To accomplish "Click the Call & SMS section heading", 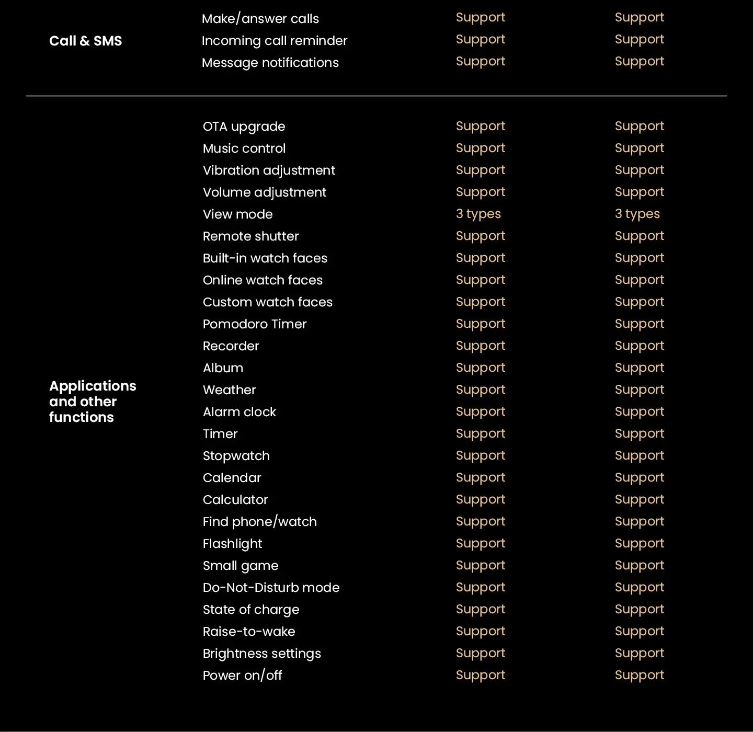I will tap(85, 41).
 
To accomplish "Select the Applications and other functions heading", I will tap(93, 401).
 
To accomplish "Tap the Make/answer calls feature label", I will tap(260, 19).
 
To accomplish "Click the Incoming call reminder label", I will tap(274, 41).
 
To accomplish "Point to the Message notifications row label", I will tap(270, 63).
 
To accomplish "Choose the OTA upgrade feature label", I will tap(244, 127).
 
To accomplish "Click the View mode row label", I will tap(237, 214).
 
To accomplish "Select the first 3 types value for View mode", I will tap(478, 214).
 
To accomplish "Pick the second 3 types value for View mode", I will tap(637, 214).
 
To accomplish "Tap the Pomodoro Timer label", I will tap(254, 324).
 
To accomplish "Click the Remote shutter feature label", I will tap(250, 236).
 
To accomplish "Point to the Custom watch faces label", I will tap(267, 302).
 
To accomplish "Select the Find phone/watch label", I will tap(259, 522).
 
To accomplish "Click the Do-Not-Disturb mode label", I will tap(271, 588).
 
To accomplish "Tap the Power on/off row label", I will tap(242, 676).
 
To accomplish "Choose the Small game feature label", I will tap(240, 566).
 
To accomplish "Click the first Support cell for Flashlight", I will tap(480, 543).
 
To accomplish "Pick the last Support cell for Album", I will tap(639, 368).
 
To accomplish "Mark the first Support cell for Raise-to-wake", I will tap(480, 631).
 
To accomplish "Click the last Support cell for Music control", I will tap(639, 148).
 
